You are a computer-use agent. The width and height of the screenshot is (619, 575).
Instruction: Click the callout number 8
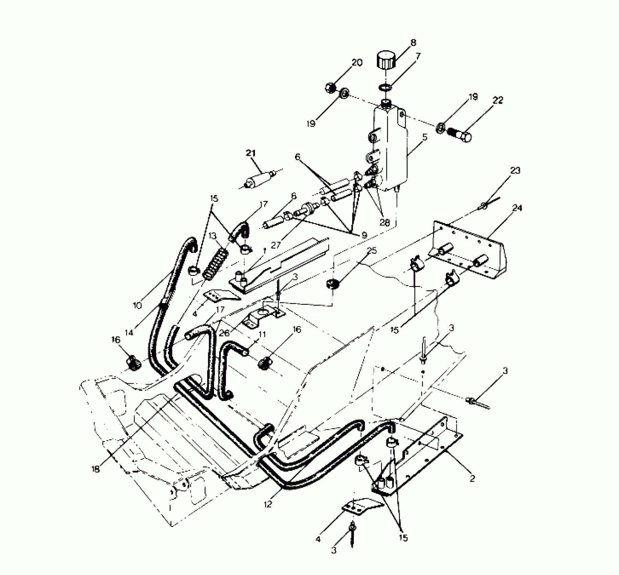[x=413, y=43]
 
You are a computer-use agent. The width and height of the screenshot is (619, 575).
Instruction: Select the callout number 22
[x=498, y=100]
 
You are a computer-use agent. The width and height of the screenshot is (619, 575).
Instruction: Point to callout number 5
[x=425, y=137]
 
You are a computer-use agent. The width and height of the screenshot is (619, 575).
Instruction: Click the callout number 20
[x=357, y=63]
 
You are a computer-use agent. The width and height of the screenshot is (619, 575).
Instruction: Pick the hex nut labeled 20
[x=330, y=88]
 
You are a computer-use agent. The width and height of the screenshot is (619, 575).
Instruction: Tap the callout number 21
[x=251, y=153]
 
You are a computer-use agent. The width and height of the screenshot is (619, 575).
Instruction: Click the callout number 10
[x=137, y=306]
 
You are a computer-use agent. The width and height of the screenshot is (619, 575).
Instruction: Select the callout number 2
[x=472, y=479]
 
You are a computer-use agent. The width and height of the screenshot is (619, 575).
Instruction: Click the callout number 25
[x=372, y=251]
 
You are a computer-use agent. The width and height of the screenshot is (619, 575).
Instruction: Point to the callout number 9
[x=364, y=235]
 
